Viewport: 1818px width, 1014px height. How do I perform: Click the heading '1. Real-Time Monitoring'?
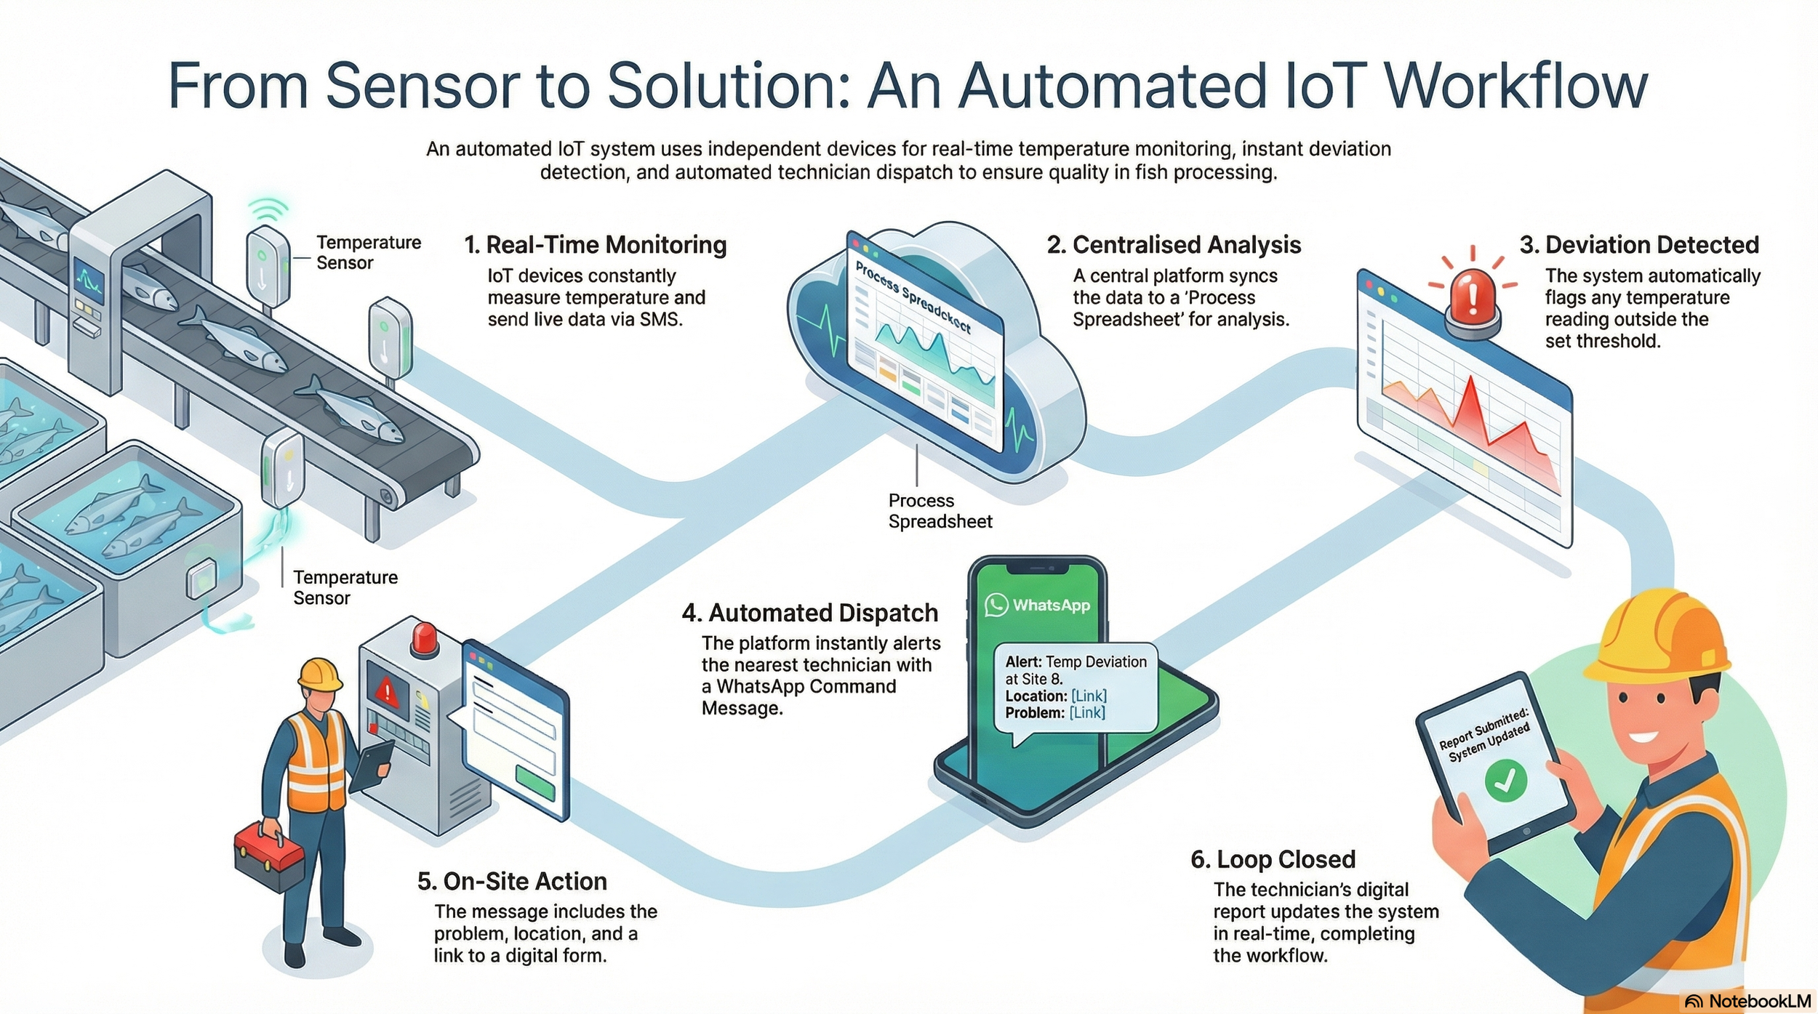[x=595, y=245]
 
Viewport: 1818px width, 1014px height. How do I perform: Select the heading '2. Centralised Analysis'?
[x=1174, y=245]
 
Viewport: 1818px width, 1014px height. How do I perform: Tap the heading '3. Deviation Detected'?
[x=1639, y=245]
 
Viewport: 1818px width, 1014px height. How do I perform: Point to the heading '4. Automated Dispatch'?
[x=810, y=613]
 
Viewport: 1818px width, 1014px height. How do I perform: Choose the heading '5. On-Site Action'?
[x=512, y=881]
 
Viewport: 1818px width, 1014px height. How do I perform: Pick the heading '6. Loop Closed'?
[x=1273, y=859]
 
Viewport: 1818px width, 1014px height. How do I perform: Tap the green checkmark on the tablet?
[x=1505, y=781]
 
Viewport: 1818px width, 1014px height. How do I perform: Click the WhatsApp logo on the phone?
[x=996, y=605]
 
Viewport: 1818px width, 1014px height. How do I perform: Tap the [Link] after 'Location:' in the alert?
[x=1089, y=696]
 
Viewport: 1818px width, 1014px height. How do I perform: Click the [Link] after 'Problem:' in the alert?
[x=1087, y=712]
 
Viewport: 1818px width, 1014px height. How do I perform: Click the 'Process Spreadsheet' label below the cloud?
[x=940, y=511]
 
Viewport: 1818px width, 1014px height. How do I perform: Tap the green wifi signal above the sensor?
[x=268, y=210]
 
